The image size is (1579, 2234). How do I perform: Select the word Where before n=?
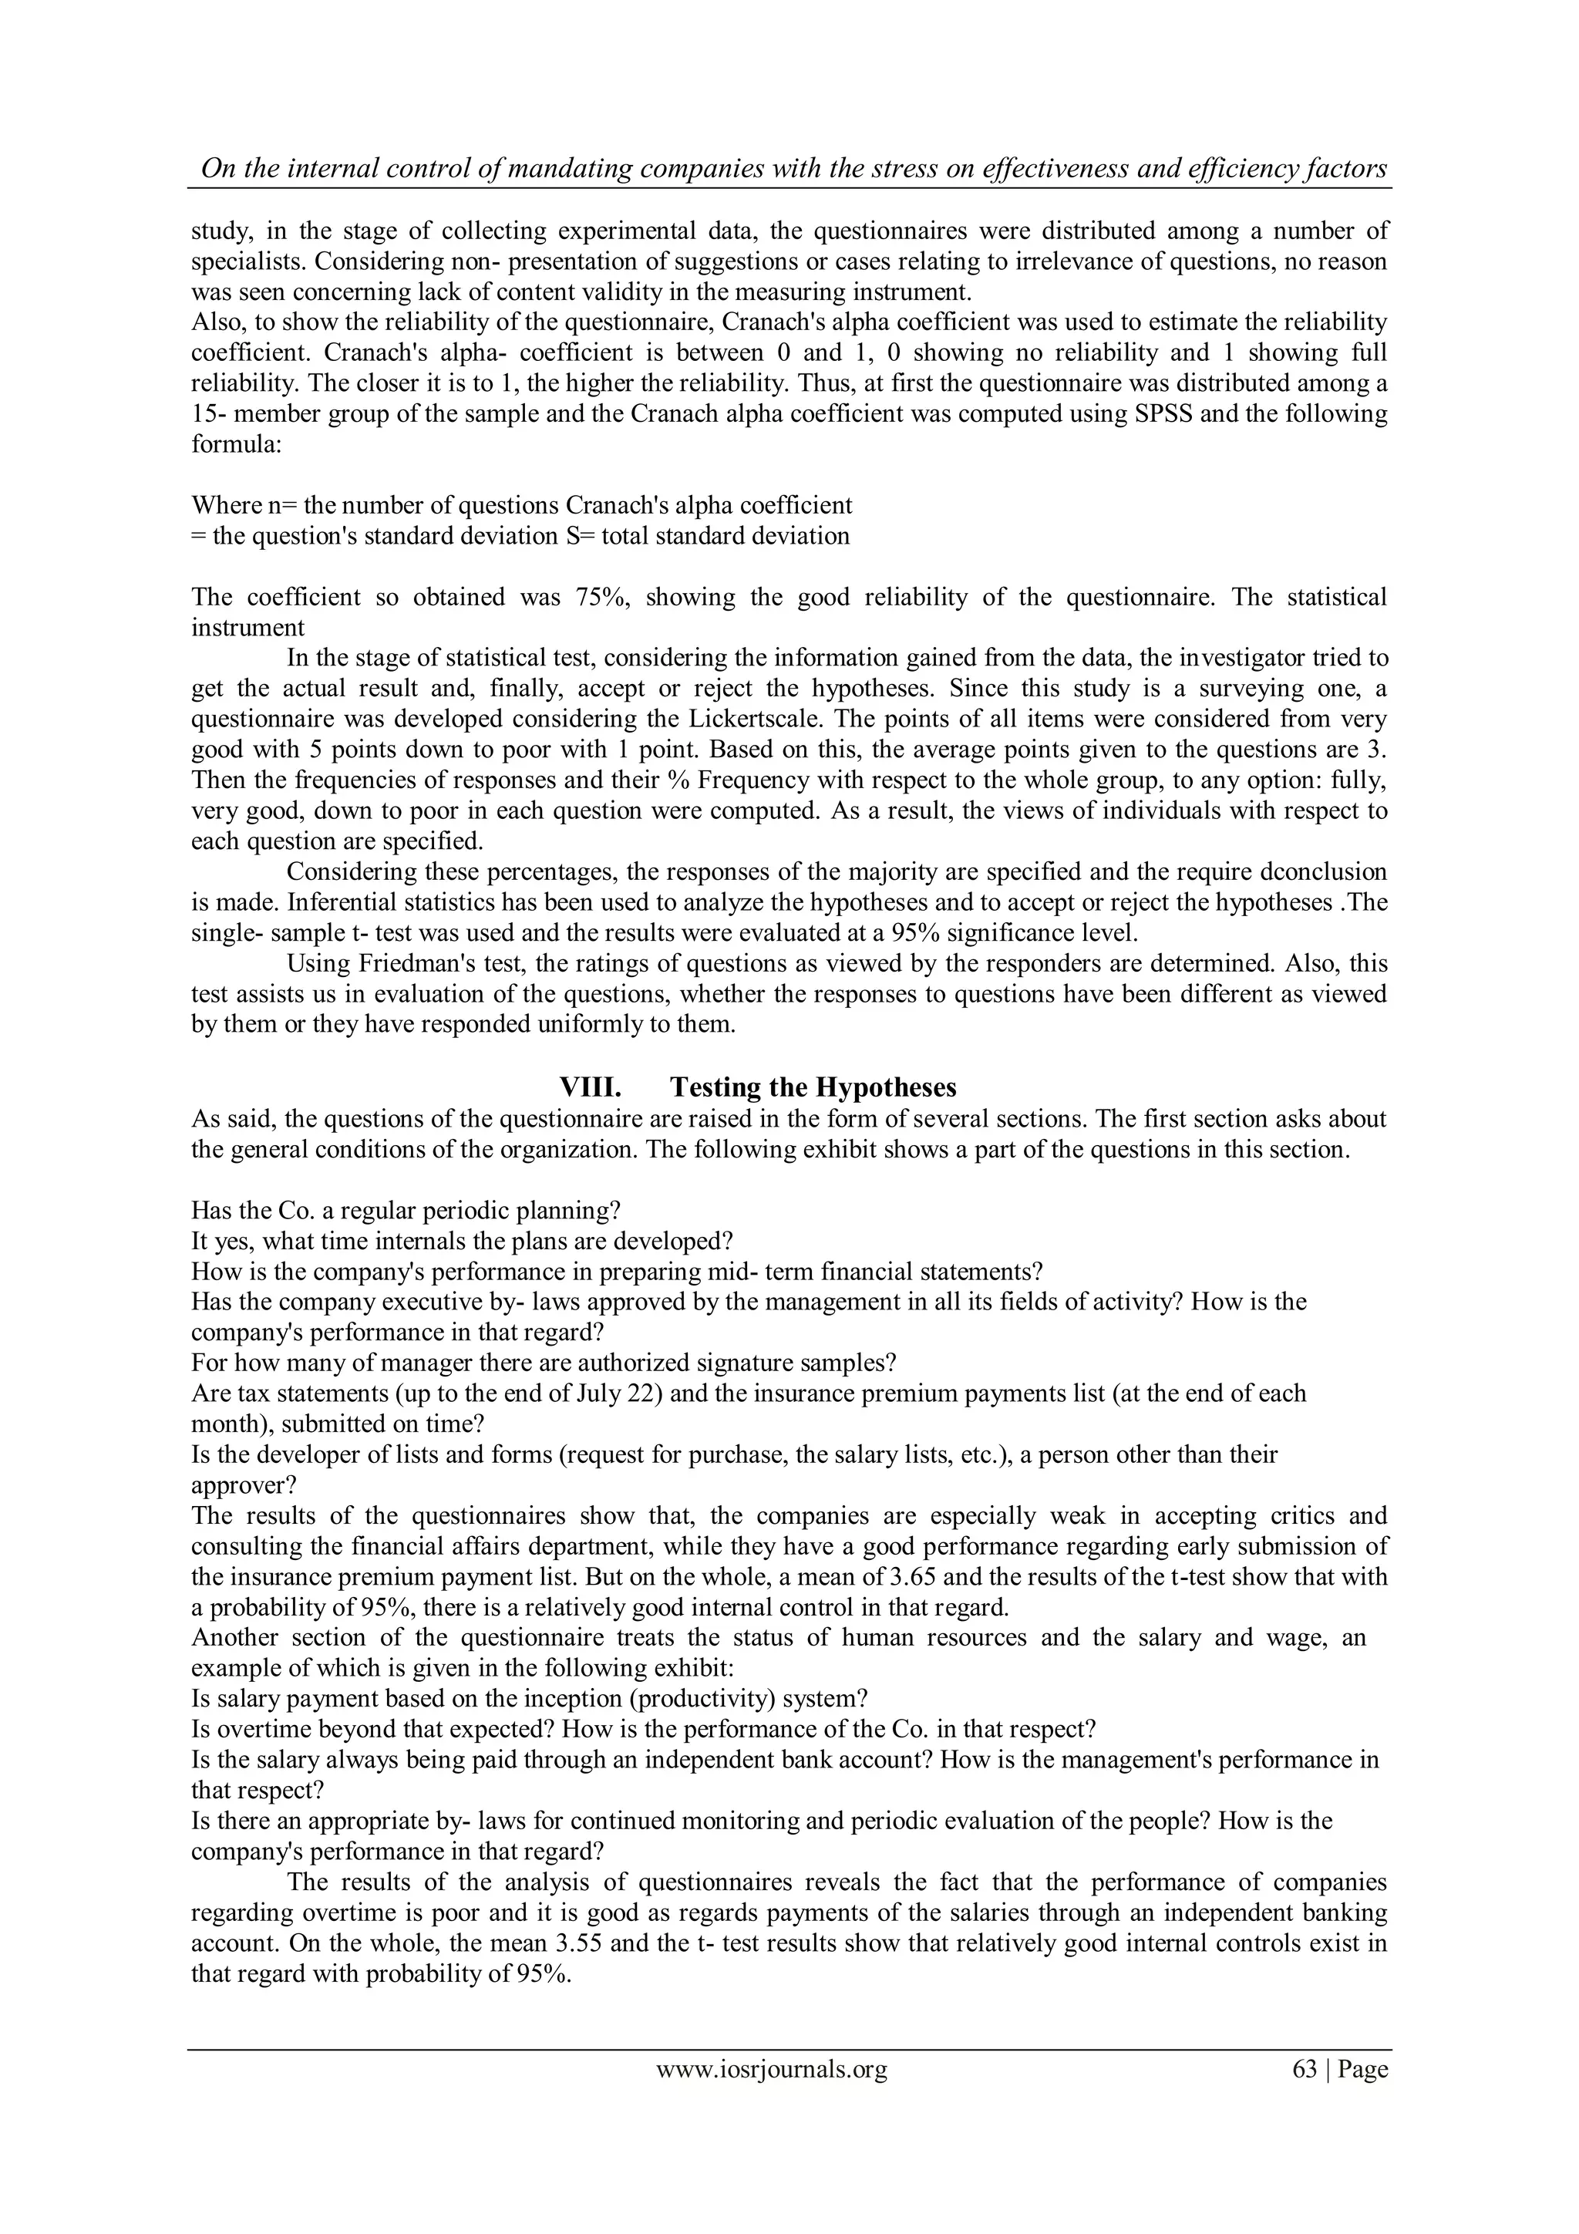(219, 505)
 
